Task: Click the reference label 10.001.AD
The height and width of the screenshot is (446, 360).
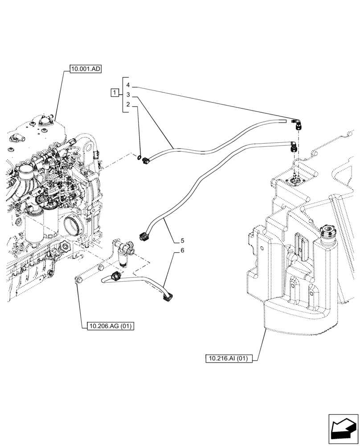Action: click(86, 69)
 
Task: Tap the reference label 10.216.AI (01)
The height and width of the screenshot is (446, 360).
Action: click(229, 358)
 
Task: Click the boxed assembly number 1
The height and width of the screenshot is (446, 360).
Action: click(115, 93)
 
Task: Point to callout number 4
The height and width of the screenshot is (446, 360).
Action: click(128, 85)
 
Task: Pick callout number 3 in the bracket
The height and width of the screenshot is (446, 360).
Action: click(128, 95)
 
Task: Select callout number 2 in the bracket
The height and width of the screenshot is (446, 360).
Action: click(128, 105)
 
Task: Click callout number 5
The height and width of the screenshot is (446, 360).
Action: click(182, 241)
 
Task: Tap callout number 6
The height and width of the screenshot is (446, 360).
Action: click(182, 251)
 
